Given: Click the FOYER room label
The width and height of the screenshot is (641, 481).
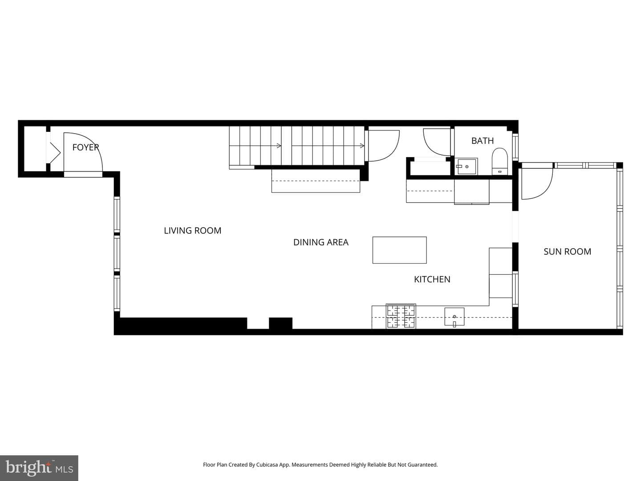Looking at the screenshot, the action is coord(85,147).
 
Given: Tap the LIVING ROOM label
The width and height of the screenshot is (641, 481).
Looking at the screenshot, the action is coord(192,231).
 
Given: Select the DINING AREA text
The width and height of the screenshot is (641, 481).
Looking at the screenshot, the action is coord(320,242).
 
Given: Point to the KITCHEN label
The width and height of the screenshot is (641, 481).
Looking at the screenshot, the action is coord(432,279).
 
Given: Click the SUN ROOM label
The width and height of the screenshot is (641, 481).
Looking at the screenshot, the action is coord(567,252).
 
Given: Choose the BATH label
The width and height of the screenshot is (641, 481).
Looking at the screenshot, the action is coord(483,141).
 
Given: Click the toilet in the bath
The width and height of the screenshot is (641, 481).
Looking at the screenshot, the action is coord(499,161).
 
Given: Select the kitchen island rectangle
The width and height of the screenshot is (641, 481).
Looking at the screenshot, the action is coord(399,250).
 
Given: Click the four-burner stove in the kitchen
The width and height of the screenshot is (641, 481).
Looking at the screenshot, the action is coord(401,316).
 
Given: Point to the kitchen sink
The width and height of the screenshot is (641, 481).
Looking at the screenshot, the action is coord(454,317).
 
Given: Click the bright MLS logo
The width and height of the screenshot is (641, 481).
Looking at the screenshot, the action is coord(39,468).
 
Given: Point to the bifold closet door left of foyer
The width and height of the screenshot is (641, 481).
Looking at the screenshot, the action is coord(54,153).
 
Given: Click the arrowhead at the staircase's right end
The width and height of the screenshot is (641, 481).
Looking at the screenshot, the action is coord(362,146).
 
